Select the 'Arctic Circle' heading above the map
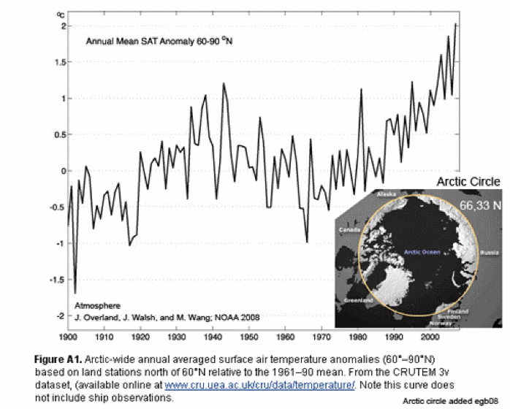(468, 182)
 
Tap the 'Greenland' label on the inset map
(359, 300)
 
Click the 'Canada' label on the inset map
(348, 229)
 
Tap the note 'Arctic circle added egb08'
(453, 402)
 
